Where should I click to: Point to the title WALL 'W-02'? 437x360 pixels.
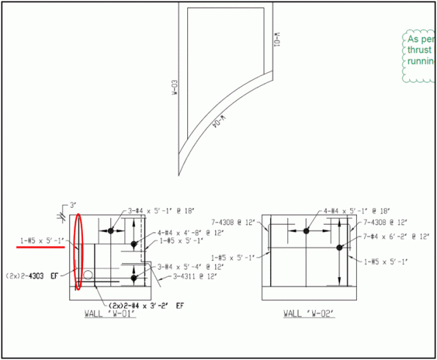308,314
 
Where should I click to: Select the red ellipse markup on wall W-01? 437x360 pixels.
78,251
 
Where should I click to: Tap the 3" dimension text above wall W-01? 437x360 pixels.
72,206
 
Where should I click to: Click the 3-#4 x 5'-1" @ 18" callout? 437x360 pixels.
161,212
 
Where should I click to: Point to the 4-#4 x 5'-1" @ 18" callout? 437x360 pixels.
357,211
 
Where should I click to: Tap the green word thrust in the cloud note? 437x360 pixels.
418,51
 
